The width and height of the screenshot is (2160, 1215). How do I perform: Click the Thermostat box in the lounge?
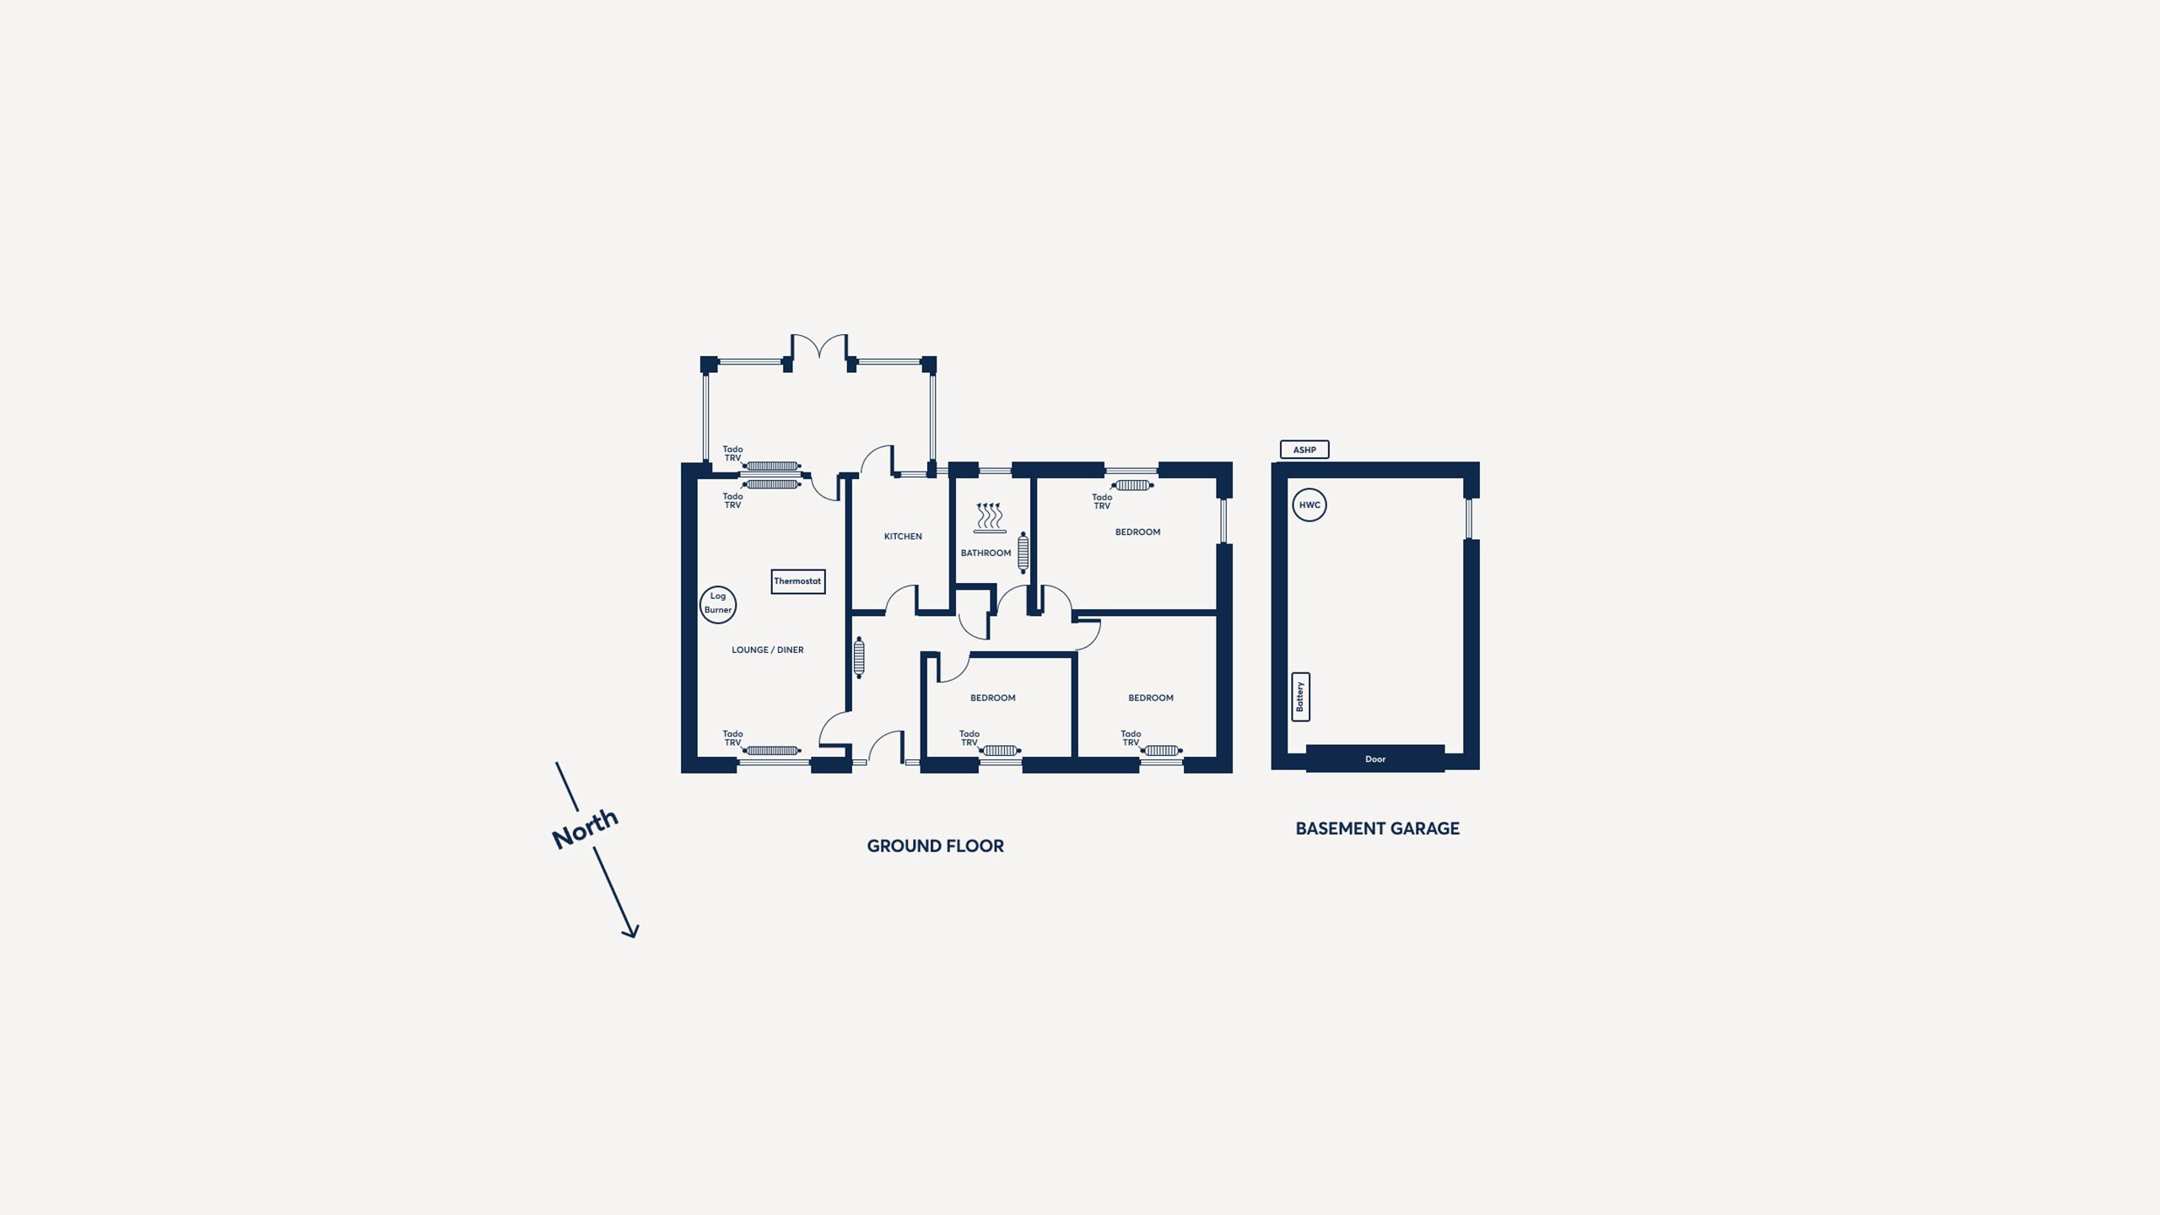[797, 581]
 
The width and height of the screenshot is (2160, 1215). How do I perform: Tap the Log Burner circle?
[718, 604]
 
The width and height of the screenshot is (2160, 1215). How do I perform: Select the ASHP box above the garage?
[1304, 450]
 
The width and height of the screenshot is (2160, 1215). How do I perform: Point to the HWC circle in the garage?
[1309, 505]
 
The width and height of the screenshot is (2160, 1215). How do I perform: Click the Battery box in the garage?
[1300, 697]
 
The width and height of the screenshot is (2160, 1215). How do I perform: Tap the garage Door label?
[1375, 759]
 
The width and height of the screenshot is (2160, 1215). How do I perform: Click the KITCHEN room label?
[903, 537]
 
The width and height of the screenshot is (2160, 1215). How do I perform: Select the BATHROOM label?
[985, 553]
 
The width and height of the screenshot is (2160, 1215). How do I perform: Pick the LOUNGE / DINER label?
[768, 650]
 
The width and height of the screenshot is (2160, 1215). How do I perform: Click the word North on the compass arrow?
[585, 829]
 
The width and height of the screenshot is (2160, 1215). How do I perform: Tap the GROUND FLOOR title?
[936, 846]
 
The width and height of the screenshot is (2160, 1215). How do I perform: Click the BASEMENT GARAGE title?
[1378, 829]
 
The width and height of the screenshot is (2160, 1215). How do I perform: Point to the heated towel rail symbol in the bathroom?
[989, 518]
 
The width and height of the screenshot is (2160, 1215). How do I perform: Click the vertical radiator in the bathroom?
[1023, 553]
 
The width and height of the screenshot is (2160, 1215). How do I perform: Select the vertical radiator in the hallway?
[859, 658]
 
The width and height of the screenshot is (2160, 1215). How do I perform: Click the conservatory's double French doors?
[819, 346]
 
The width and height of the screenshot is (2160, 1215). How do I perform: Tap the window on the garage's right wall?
[1469, 519]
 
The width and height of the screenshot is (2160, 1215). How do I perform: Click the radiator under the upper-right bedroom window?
[1132, 485]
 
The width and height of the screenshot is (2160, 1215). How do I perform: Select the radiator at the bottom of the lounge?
[772, 751]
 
